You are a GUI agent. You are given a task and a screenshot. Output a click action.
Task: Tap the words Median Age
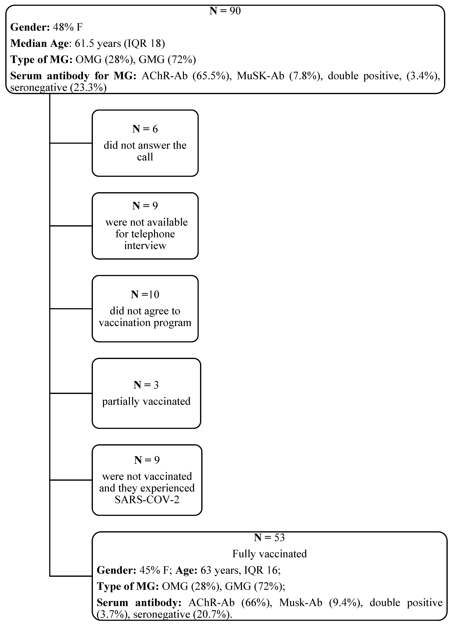point(39,44)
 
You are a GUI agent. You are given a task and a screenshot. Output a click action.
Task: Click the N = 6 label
point(145,129)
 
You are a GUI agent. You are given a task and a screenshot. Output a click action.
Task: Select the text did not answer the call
point(145,151)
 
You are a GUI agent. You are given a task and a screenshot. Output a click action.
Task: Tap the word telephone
point(145,234)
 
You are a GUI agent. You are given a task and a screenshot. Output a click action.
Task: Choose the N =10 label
point(145,295)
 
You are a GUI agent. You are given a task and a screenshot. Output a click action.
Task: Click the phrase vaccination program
point(145,323)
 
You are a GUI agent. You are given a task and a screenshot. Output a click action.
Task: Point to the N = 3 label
point(146,385)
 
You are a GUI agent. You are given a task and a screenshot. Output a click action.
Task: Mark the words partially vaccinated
point(146,401)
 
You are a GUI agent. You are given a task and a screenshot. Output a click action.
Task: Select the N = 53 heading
point(269,537)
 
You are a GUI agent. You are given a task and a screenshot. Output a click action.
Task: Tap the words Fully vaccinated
point(269,554)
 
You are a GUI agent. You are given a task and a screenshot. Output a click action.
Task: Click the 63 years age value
point(219,570)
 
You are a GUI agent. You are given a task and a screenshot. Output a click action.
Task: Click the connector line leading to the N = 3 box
point(71,393)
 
